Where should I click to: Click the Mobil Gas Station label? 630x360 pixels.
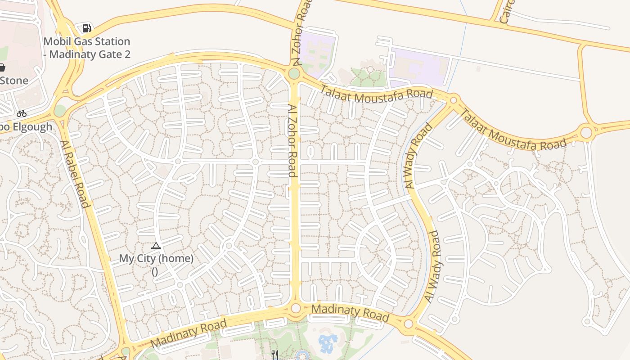coord(87,48)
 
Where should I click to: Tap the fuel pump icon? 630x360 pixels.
coord(86,28)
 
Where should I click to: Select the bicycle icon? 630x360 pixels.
coord(21,113)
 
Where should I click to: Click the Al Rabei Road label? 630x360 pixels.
coord(75,174)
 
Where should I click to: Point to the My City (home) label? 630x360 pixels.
coord(156,259)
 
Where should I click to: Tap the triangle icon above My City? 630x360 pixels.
coord(156,246)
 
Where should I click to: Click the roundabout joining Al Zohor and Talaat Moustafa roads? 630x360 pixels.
coord(294,73)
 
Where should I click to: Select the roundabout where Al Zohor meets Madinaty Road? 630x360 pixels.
coord(296,308)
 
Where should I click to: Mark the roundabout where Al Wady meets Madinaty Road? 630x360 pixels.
coord(408,324)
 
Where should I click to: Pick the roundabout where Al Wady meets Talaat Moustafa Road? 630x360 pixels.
coord(453,99)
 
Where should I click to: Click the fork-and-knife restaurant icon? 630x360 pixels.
coord(274,355)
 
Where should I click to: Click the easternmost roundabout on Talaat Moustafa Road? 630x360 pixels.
coord(586,132)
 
